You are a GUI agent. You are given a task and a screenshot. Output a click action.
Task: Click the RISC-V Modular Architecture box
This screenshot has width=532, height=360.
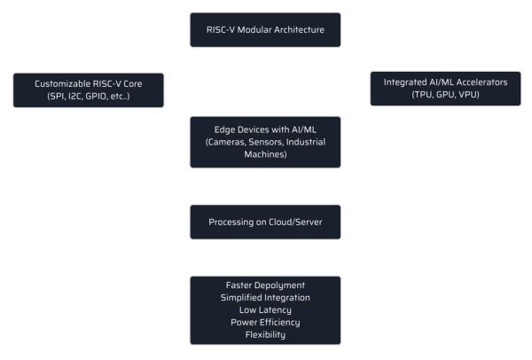(265, 29)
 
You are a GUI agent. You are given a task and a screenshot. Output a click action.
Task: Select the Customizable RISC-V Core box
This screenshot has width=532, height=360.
(89, 89)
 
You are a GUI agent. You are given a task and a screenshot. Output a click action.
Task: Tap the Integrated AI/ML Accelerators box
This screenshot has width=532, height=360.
(445, 89)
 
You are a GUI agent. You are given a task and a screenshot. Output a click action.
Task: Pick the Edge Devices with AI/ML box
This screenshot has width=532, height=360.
(265, 142)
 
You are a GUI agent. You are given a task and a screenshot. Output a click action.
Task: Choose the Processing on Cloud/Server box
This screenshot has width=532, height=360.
(265, 222)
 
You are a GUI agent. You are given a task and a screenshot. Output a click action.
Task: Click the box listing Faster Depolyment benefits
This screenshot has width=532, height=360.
(265, 309)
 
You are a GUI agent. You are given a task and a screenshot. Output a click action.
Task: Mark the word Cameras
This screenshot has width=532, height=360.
(229, 142)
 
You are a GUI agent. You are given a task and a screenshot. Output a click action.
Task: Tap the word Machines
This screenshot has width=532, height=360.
(265, 154)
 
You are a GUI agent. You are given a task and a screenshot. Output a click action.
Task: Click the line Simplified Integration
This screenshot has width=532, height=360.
(265, 297)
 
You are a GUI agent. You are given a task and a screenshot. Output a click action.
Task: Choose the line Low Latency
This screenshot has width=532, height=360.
(265, 309)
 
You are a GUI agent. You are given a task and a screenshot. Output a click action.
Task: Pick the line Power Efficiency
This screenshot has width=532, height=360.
(265, 322)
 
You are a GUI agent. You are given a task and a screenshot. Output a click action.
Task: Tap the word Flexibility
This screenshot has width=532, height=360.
(265, 334)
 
